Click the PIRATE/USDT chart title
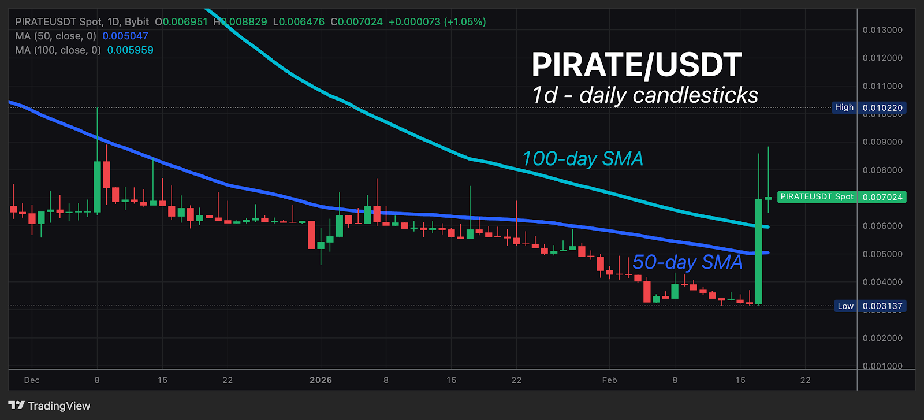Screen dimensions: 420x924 [636, 65]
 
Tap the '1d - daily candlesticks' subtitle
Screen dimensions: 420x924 [644, 95]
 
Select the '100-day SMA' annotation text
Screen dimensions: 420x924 [582, 159]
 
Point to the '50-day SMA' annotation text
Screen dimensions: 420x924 [687, 262]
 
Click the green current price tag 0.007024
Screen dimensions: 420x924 [882, 197]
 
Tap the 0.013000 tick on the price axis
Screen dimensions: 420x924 [882, 30]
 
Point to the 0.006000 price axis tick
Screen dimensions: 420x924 [882, 226]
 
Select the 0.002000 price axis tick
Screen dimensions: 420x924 [882, 338]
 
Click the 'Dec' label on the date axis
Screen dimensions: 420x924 [32, 380]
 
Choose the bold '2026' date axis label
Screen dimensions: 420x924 [321, 380]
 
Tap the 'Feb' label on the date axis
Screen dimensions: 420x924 [609, 380]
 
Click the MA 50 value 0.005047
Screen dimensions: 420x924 [125, 36]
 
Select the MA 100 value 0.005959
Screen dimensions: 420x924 [131, 50]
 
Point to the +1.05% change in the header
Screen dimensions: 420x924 [465, 22]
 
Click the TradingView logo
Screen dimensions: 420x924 [50, 406]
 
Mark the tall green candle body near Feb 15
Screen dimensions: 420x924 [759, 251]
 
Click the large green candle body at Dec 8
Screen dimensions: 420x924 [97, 187]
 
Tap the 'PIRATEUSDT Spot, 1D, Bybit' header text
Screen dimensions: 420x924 [82, 22]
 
